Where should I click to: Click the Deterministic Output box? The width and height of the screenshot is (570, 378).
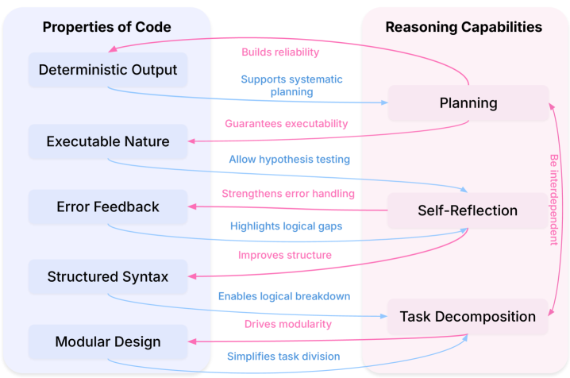pos(108,69)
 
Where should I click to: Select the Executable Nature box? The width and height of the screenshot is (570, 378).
pos(108,141)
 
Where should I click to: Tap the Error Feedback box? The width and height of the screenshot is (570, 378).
pos(108,206)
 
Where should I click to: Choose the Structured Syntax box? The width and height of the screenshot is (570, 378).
pos(108,276)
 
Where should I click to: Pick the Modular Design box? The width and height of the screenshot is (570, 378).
pos(108,342)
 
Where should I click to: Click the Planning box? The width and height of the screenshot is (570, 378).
pos(468,103)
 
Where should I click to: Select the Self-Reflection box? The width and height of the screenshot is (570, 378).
pos(468,210)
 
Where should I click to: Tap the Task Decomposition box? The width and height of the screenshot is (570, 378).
pos(468,316)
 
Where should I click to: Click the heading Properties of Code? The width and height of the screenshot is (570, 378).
pos(106,27)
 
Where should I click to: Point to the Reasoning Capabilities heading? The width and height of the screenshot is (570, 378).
pos(464,27)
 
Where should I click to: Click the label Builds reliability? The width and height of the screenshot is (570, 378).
pos(280,52)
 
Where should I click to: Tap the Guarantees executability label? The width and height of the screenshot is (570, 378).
pos(287,124)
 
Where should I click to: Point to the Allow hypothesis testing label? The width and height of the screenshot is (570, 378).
pos(289,160)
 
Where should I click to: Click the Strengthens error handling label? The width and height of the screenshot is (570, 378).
pos(287,193)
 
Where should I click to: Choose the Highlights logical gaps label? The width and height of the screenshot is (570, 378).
pos(286,226)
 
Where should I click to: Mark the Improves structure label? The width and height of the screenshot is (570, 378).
pos(285,256)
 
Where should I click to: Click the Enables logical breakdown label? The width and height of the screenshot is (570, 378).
pos(284,296)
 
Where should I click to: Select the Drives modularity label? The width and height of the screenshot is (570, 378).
pos(287,324)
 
